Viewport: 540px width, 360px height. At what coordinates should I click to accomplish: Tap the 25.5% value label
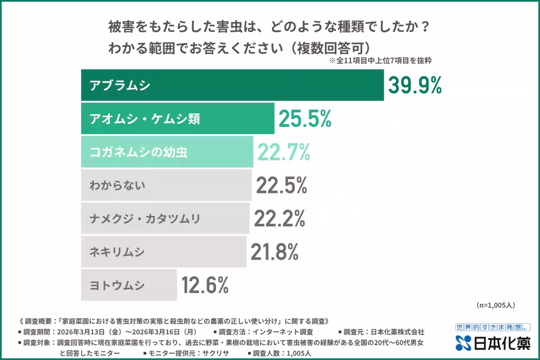point(305,118)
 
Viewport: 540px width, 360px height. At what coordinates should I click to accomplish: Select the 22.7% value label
point(283,152)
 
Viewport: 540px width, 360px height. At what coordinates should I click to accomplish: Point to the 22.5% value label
point(282,185)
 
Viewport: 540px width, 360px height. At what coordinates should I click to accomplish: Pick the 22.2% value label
point(279,218)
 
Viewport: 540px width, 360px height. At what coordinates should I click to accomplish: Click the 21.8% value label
point(274,252)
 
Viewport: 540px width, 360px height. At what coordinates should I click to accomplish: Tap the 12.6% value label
point(205,285)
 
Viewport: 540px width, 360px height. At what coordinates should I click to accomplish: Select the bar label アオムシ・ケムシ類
point(145,119)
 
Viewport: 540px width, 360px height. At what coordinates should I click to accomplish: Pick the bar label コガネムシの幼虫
point(139,152)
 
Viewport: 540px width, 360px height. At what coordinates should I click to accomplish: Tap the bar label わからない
point(117,185)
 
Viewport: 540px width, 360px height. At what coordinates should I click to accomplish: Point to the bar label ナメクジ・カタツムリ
point(145,219)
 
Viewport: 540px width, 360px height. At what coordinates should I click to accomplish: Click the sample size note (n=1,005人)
point(495,305)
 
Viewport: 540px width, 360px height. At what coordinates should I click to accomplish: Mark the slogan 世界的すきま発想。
point(493,327)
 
